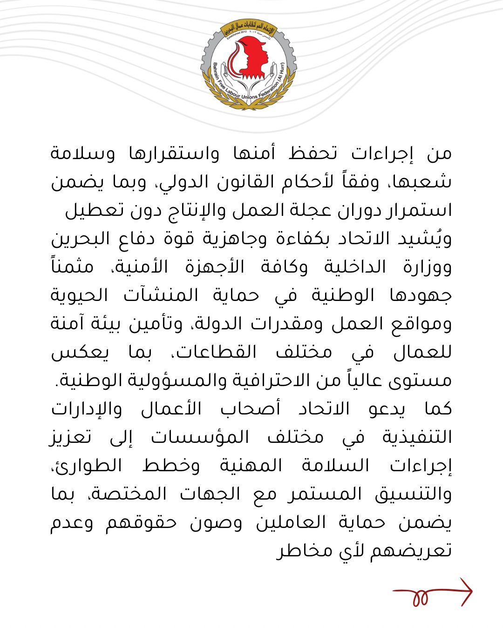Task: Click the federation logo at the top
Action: (249, 64)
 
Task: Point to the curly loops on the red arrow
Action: (420, 597)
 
